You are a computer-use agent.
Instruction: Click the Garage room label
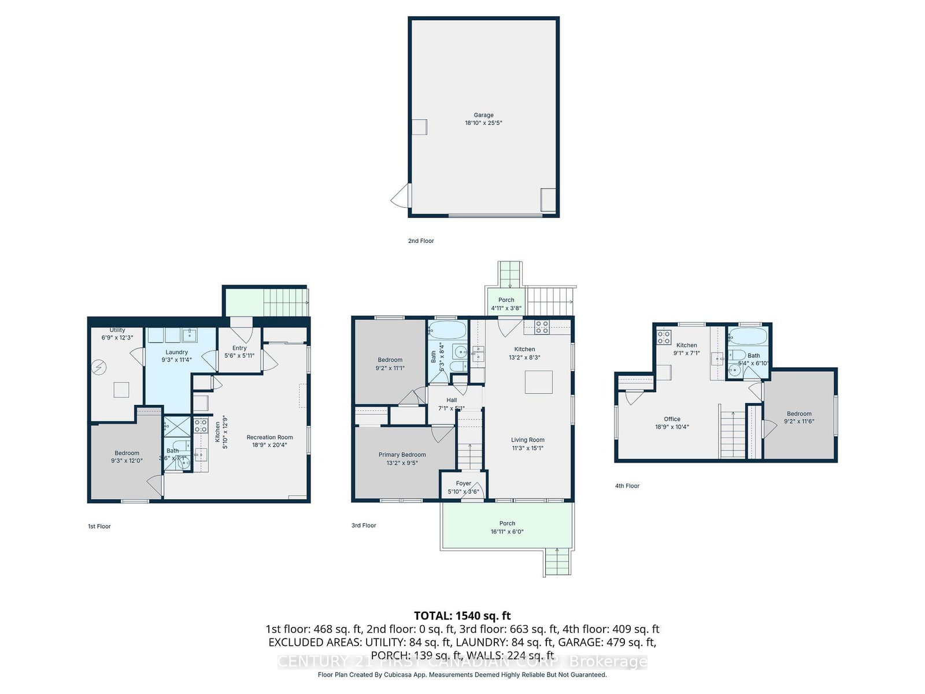pos(483,115)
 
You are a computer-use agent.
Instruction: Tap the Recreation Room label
pos(269,437)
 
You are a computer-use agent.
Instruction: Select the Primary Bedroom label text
pos(402,455)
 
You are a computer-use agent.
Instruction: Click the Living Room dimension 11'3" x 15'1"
pos(527,448)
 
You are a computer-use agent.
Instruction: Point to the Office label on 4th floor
pos(672,419)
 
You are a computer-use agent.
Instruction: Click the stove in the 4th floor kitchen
pos(664,337)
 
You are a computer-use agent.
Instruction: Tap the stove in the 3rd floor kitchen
pos(542,327)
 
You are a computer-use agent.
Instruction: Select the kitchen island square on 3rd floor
pos(538,382)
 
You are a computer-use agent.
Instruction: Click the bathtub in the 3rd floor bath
pos(447,330)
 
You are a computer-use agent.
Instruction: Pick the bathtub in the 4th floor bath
pos(748,336)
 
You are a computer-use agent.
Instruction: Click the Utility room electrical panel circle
pos(99,366)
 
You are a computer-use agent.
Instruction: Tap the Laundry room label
pos(176,352)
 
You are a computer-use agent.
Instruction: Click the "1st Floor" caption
pos(99,526)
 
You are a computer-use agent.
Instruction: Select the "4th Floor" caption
pos(627,486)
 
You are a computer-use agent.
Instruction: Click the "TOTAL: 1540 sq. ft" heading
pos(462,615)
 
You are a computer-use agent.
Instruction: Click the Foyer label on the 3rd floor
pos(463,483)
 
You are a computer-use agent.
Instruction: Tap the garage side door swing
pos(400,197)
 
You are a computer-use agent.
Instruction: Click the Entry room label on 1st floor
pos(239,348)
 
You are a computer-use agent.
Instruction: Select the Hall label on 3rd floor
pos(452,400)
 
